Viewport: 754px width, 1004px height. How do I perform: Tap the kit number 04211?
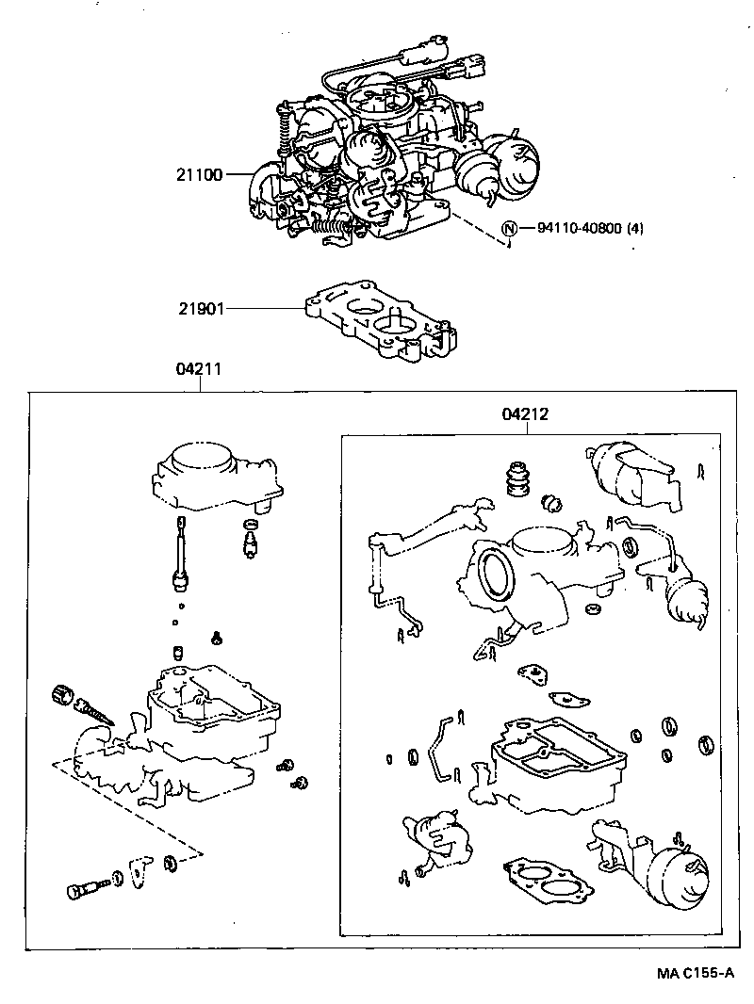pos(198,370)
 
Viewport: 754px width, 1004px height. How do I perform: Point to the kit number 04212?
pos(526,413)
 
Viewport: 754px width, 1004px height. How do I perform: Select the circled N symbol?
pos(510,228)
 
